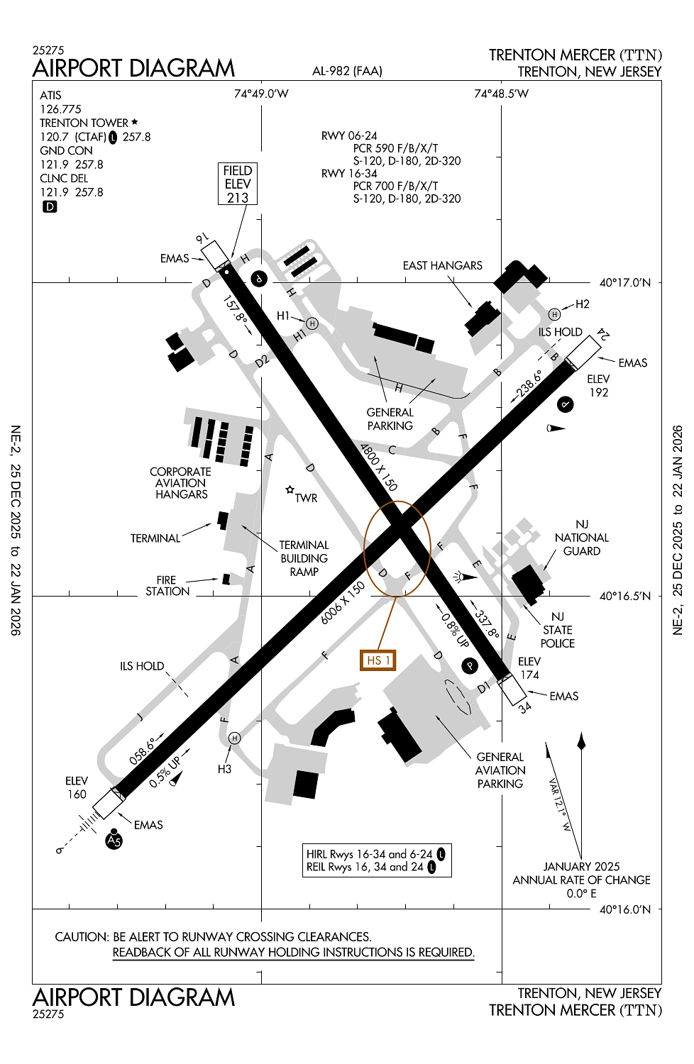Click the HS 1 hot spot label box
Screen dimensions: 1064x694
(378, 660)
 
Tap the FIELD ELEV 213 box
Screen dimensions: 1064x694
(238, 184)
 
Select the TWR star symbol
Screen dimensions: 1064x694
(290, 489)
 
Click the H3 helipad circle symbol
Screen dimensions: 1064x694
(235, 738)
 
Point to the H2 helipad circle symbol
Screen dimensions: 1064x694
(554, 314)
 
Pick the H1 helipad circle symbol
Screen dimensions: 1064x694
(312, 323)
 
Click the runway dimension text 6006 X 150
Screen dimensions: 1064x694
(343, 603)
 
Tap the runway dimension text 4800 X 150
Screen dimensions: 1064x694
(378, 467)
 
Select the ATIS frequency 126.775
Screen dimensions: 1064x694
(60, 109)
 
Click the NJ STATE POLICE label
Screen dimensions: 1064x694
(558, 630)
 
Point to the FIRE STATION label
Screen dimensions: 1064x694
(167, 586)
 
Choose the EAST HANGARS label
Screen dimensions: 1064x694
(442, 265)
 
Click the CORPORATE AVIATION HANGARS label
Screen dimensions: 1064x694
(181, 483)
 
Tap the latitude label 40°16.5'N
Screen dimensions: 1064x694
(624, 596)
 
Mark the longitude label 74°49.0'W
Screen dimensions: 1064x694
(261, 94)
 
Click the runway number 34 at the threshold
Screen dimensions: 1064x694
(524, 707)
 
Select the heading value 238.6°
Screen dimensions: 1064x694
(529, 383)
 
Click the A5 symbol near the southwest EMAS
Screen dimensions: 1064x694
(114, 841)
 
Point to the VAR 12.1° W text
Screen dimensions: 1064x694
(560, 804)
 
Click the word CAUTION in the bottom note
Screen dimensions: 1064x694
(82, 937)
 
